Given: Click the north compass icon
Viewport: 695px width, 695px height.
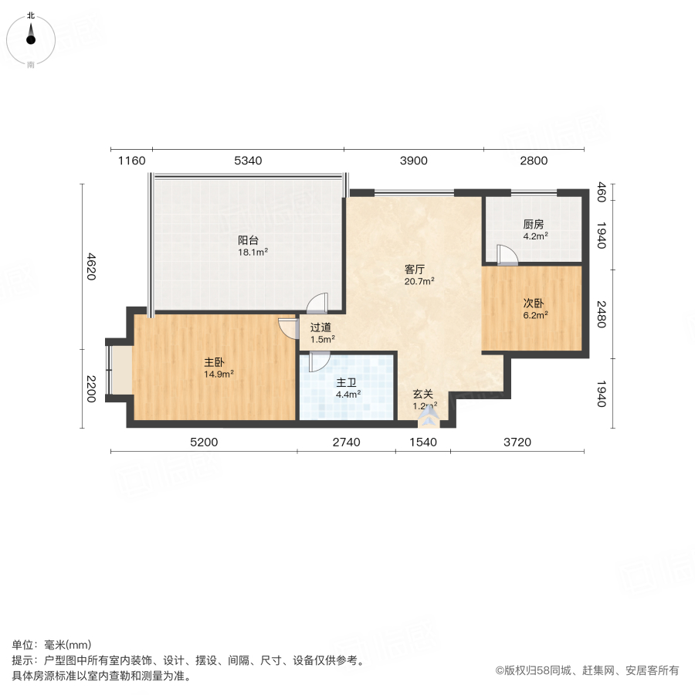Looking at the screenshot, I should [x=31, y=35].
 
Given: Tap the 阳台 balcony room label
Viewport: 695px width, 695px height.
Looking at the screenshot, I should [x=247, y=239].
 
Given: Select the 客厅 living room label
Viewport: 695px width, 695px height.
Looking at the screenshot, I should [x=415, y=270].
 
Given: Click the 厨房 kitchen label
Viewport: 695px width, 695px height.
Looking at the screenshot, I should [x=534, y=225].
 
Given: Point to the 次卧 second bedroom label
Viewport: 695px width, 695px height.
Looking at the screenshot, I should [x=534, y=303].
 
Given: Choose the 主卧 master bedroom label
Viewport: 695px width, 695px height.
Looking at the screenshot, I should [x=215, y=361].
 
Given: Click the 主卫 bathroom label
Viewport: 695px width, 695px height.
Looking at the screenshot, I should [x=346, y=382].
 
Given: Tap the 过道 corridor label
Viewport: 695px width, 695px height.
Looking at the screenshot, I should [x=321, y=327].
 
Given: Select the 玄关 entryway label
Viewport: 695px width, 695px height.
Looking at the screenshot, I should [x=422, y=392].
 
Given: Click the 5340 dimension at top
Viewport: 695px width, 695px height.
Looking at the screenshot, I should [x=248, y=161].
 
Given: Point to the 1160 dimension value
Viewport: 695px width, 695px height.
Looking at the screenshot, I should [x=131, y=161].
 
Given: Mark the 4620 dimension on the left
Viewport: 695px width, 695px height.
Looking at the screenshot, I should [x=90, y=266].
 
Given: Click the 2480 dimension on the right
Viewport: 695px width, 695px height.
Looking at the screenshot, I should [x=602, y=315].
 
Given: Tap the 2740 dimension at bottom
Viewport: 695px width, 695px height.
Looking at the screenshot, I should [x=346, y=442].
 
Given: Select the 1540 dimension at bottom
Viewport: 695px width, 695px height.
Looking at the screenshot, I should [x=422, y=442].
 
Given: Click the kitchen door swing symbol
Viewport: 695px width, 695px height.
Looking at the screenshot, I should [x=507, y=256].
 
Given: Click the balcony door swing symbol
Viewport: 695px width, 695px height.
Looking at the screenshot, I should [x=318, y=303].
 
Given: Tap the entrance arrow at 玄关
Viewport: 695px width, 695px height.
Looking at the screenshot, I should [x=429, y=419].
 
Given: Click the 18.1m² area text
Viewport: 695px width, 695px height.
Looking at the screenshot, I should [x=253, y=252].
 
